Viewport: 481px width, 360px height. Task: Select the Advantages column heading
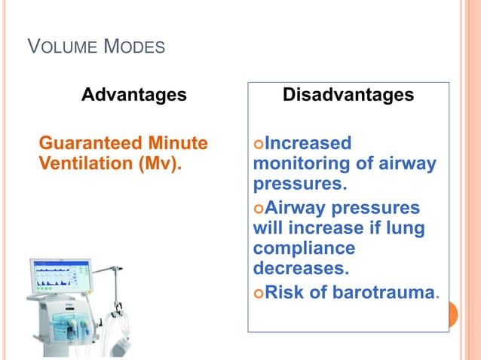pyautogui.click(x=133, y=96)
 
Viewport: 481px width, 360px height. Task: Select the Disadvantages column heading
pyautogui.click(x=348, y=96)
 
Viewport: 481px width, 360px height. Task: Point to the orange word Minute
pyautogui.click(x=179, y=143)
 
